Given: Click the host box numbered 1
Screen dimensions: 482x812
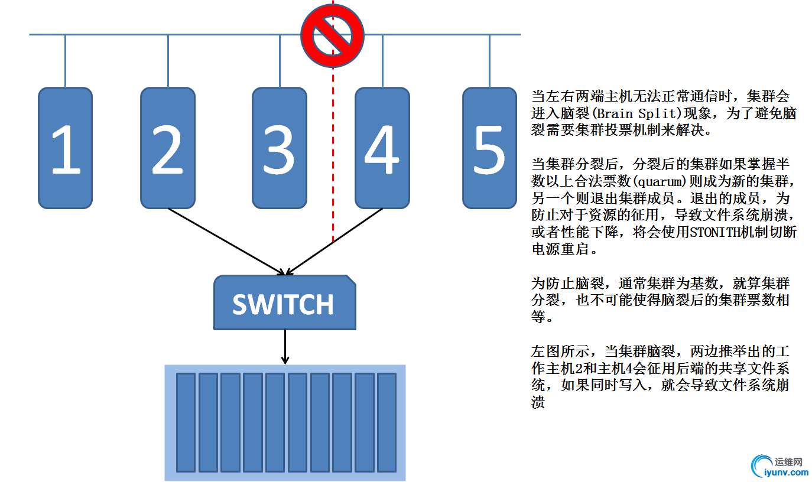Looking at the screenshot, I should [x=66, y=148].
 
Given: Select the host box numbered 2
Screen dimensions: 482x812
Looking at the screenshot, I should [x=168, y=148].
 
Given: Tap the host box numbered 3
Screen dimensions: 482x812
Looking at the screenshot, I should [x=280, y=148].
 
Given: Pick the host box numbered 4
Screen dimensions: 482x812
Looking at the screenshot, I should [x=382, y=148].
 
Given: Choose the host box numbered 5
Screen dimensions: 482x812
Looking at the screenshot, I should [x=489, y=148].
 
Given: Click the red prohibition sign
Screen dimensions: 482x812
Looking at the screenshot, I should [x=332, y=35].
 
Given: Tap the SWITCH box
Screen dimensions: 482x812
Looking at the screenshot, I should [x=284, y=303].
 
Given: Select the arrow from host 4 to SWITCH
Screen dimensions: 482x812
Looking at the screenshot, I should [x=335, y=241].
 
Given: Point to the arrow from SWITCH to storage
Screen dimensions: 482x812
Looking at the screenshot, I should [x=285, y=347].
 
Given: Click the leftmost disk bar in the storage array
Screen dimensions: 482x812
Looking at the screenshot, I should [x=186, y=422].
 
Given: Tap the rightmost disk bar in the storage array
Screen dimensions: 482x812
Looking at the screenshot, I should [x=386, y=422].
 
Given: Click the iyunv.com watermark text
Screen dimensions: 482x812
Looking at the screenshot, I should [x=786, y=472].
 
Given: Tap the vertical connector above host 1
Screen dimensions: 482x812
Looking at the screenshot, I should [x=66, y=61].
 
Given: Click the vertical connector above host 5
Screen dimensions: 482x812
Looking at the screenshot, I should [x=489, y=61].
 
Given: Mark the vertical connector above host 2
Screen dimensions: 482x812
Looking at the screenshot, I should [x=168, y=61].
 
